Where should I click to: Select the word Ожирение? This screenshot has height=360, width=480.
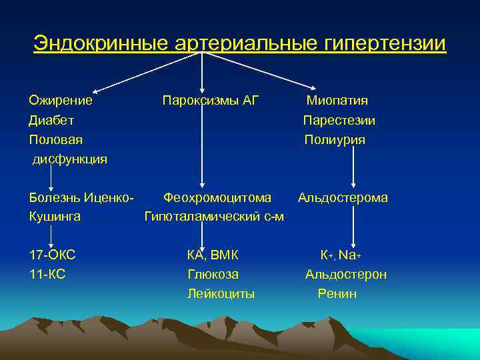click(61, 101)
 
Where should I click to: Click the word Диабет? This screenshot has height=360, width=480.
click(51, 121)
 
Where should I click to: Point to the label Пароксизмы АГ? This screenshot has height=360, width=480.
click(211, 101)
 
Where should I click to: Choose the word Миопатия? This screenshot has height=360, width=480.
click(337, 101)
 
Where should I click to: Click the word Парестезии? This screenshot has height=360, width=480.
click(339, 121)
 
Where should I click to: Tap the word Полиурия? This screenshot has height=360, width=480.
click(335, 140)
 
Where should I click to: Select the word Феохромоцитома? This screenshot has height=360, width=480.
click(217, 197)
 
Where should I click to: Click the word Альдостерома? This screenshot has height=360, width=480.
click(343, 197)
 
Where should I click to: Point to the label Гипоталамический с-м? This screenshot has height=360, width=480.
click(214, 217)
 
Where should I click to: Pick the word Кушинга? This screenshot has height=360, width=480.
click(55, 217)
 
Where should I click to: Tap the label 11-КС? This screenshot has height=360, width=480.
click(47, 274)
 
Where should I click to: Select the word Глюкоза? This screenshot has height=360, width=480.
click(213, 274)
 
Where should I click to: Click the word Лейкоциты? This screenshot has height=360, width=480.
click(221, 293)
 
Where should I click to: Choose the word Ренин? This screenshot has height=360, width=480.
click(337, 293)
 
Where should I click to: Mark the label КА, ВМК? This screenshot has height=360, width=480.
click(213, 255)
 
